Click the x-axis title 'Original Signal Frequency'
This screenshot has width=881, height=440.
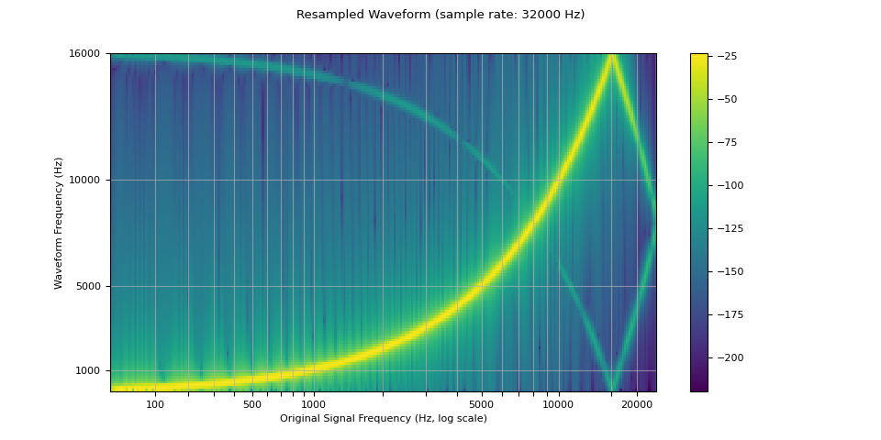pos(383,418)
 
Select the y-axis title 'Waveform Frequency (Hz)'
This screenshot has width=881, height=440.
pos(59,223)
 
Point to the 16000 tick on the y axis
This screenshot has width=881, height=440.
pos(88,53)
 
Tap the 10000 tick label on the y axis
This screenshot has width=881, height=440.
pos(88,180)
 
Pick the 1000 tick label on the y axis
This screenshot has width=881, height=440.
pos(91,370)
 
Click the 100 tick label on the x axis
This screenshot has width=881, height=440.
pos(155,404)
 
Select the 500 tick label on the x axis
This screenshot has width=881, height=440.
pos(252,404)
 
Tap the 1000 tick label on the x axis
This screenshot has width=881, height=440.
pos(314,404)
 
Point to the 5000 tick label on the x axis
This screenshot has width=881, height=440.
pos(481,404)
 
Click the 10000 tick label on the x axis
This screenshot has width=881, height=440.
pos(559,404)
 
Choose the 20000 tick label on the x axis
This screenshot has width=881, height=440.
pos(637,404)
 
